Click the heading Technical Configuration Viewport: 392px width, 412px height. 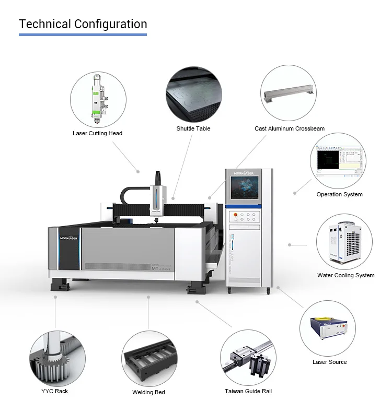(83, 24)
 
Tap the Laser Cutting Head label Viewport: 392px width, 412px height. (97, 133)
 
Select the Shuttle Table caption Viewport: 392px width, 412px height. (193, 128)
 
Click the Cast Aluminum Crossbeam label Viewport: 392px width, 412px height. (290, 128)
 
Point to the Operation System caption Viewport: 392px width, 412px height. (339, 194)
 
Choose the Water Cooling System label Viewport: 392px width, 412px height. (345, 275)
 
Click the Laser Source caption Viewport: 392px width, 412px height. (329, 361)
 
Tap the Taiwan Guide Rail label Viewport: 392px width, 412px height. (248, 391)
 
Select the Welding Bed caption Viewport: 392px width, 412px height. (148, 392)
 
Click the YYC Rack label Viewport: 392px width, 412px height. (54, 391)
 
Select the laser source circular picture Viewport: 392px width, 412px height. (328, 328)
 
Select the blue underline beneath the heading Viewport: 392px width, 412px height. (83, 35)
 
